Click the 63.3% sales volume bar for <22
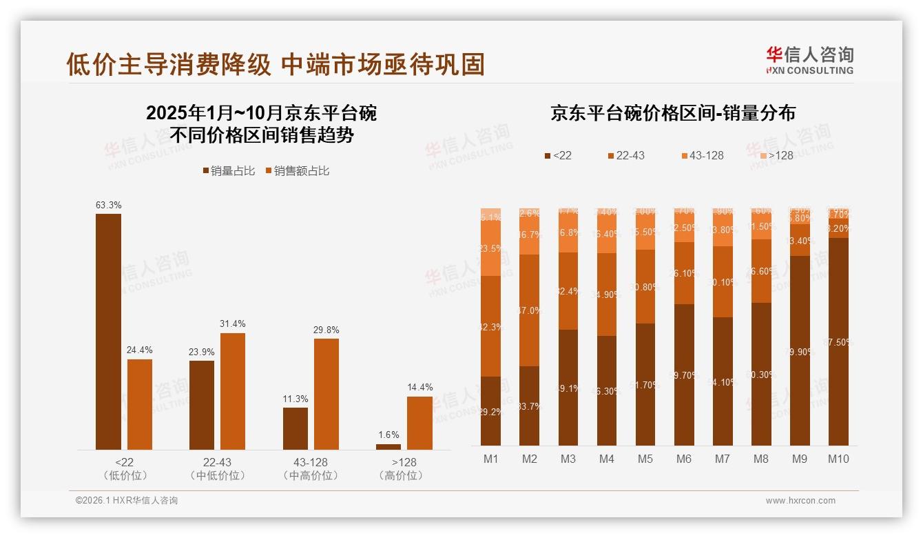[x=108, y=332]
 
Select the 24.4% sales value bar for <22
[x=140, y=404]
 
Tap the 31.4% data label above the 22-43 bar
[x=233, y=323]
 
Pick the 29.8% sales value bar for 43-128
[x=326, y=394]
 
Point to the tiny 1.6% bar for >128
[x=388, y=447]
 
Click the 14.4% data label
[x=419, y=387]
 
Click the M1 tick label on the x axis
[x=490, y=459]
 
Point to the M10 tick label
[x=838, y=459]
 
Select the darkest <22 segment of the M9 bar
[x=800, y=350]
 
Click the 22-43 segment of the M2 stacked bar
[x=529, y=310]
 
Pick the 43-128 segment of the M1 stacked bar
[x=490, y=248]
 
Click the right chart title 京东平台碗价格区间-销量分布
[x=673, y=114]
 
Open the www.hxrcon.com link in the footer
[x=800, y=501]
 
